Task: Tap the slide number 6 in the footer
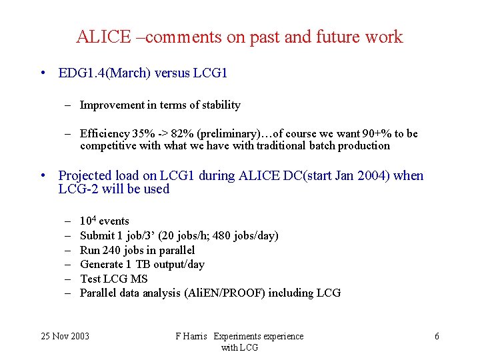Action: coord(437,336)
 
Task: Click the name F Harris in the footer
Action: coord(192,336)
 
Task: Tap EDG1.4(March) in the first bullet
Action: coord(104,73)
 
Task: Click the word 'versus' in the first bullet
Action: coord(172,73)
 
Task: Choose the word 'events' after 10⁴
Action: coord(114,221)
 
